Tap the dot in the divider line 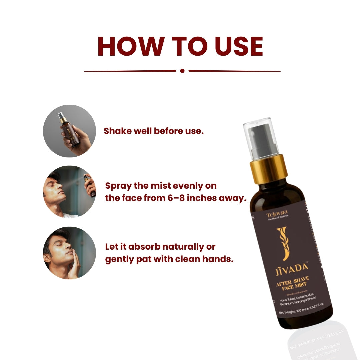pos(182,71)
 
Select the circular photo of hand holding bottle pos(69,131)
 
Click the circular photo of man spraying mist pos(69,192)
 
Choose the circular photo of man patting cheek pos(69,253)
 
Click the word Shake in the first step pos(115,131)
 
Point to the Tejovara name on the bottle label pos(277,213)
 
